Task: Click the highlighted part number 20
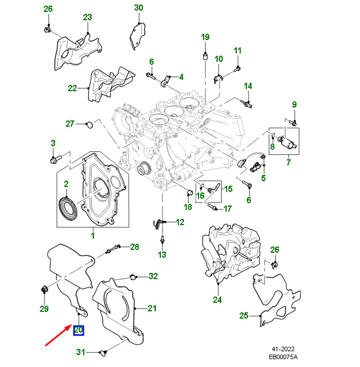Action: pos(78,330)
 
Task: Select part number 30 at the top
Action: pos(138,7)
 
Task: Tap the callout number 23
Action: pos(87,17)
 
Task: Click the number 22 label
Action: pos(72,88)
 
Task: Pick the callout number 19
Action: pos(205,37)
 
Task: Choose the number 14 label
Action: pos(247,86)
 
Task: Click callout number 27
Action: pos(70,124)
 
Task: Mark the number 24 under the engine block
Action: pos(218,300)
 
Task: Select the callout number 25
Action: pos(243,316)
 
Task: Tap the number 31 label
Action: pos(80,352)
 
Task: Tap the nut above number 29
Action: pos(44,290)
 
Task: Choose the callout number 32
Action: pos(153,276)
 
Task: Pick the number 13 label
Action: pos(162,255)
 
